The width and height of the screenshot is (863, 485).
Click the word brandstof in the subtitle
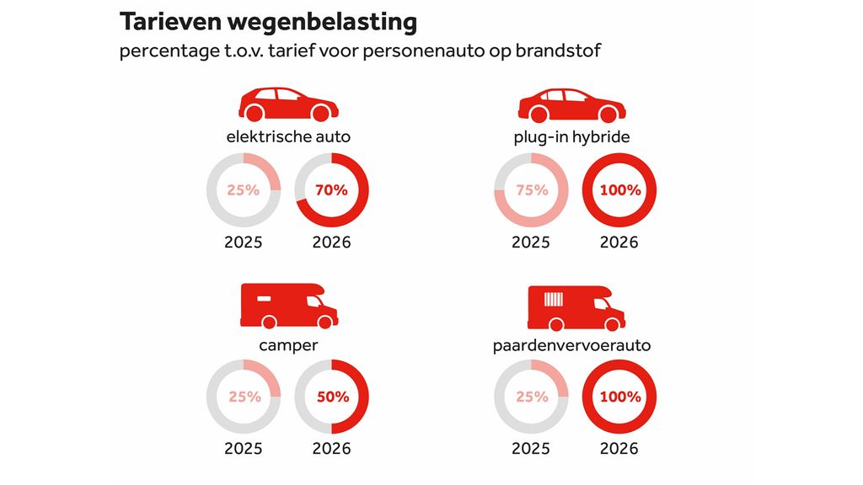click(x=560, y=51)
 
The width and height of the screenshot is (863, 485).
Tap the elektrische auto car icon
click(x=288, y=104)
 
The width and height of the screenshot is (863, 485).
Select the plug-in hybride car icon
click(x=571, y=104)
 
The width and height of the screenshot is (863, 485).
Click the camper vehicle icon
click(x=288, y=305)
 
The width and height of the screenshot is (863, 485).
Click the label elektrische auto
click(x=288, y=136)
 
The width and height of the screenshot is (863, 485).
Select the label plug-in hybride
click(x=571, y=136)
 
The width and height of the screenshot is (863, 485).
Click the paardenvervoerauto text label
click(x=572, y=344)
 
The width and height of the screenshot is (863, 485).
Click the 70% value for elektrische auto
click(x=332, y=190)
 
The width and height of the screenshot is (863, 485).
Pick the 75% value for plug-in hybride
click(x=531, y=190)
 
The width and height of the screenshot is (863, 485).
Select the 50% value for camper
click(x=332, y=397)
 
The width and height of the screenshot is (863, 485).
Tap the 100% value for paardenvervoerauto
click(x=619, y=397)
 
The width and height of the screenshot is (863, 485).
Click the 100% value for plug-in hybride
click(x=619, y=190)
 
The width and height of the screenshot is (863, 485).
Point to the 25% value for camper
click(x=244, y=397)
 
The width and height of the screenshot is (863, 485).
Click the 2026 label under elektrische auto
click(x=332, y=242)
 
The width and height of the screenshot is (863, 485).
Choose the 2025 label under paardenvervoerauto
click(x=531, y=449)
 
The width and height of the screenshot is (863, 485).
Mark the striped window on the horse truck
click(x=554, y=299)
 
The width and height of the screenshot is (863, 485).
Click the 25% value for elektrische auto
click(x=244, y=190)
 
